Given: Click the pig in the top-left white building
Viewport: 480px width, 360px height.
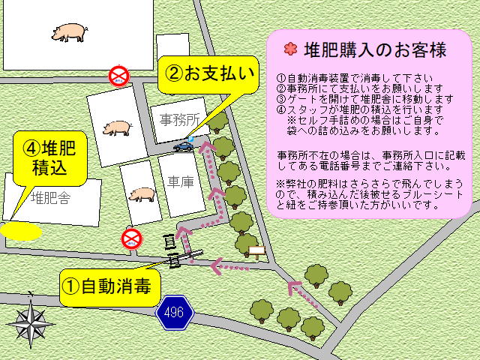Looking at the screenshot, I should (x=69, y=32).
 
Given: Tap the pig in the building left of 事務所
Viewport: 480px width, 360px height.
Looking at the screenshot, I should (x=117, y=129).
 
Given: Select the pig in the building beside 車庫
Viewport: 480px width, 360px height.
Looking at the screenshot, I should (x=141, y=194).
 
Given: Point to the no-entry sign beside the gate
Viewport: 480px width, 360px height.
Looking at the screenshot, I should (x=131, y=240).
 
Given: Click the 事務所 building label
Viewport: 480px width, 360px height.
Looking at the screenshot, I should (x=181, y=118).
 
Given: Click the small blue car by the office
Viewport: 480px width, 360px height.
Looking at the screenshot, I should (x=184, y=146).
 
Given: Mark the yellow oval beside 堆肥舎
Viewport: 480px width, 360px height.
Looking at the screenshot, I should (x=20, y=229).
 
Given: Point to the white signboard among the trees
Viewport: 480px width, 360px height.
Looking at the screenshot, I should (x=256, y=250).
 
